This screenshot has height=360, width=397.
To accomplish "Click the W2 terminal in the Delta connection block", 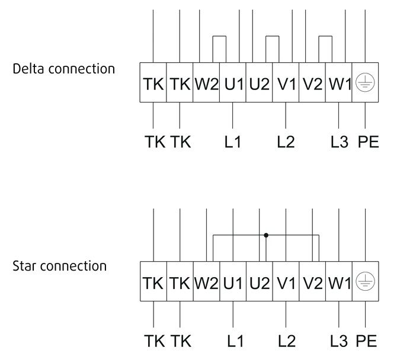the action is pos(206,82).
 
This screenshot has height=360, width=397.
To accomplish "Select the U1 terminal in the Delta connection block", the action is pos(233,82).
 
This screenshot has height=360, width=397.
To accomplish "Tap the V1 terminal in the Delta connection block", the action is pos(286,82).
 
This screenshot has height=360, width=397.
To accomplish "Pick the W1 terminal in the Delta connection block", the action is pos(339,82).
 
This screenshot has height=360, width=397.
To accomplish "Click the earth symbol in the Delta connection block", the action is pos(365,82).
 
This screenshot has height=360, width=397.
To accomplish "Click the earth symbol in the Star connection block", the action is pos(365,281).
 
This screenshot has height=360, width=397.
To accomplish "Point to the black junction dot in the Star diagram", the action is pos(266,235).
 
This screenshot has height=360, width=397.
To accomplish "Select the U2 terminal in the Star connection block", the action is pos(260,281).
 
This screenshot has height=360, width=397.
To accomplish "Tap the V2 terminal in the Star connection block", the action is pos(312,281).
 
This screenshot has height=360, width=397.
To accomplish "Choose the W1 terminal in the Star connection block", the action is pos(339,281).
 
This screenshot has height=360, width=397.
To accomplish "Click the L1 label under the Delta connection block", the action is pos(233,142).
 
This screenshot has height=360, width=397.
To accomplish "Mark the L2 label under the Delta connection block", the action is pos(286,142).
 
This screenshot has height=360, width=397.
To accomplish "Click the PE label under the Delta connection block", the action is pos(368,142).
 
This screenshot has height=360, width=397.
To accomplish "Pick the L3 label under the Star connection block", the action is pos(339,340).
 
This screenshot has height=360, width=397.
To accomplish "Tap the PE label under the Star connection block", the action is pos(366,340).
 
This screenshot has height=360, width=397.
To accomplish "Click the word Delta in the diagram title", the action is pos(28,69).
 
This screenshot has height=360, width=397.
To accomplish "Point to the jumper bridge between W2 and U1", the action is pos(219,37).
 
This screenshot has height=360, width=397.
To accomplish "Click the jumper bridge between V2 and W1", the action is pos(325,37).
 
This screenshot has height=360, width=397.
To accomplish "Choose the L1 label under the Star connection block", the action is pos(235,340).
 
